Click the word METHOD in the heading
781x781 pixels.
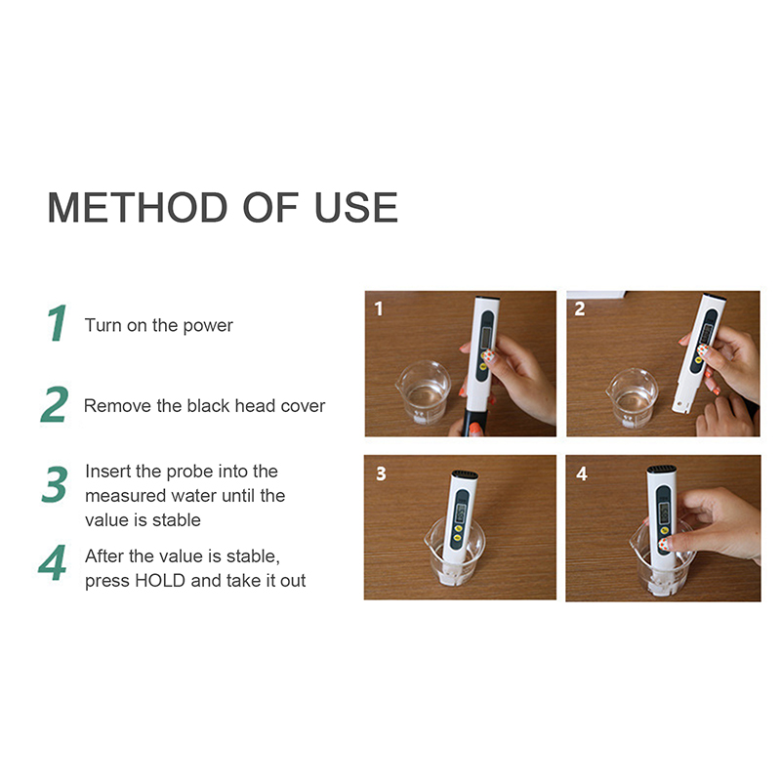coord(138,207)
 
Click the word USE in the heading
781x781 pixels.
coord(356,207)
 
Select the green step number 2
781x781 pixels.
coord(55,404)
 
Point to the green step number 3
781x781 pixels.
coord(55,484)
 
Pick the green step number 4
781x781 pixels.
coord(53,562)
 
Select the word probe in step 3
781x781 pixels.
coord(189,473)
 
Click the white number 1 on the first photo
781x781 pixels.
coord(379,308)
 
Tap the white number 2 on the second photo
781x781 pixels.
coord(580,308)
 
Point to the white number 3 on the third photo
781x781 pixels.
coord(381,473)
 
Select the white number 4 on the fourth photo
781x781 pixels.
coord(582,473)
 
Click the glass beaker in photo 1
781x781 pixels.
coord(424,392)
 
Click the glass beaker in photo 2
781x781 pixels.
coord(632,398)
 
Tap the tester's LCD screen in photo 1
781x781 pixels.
coord(486,338)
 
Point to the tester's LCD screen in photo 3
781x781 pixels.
coord(460,514)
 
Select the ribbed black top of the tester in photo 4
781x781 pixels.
coord(662,470)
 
